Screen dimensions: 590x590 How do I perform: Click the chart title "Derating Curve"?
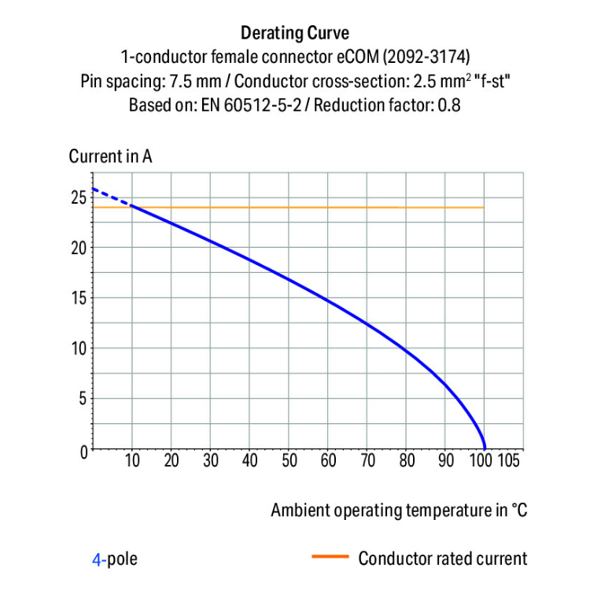[x=294, y=33]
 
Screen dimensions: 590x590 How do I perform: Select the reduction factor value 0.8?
[x=448, y=105]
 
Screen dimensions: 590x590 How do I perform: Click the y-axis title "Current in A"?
[x=110, y=156]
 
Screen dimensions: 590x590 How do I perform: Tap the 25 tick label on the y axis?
[x=77, y=197]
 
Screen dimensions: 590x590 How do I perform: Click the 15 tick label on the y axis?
[x=77, y=299]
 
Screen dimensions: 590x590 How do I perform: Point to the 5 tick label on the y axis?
[x=81, y=400]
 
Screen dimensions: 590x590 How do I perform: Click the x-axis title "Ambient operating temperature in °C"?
[x=399, y=511]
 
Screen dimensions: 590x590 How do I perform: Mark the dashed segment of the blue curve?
[x=112, y=197]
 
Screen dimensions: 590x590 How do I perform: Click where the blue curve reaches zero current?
[x=485, y=448]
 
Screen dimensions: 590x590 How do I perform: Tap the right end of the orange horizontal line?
[x=483, y=208]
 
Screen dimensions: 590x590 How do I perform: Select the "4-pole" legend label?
[x=115, y=559]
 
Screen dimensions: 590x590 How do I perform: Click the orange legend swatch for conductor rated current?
[x=330, y=558]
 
